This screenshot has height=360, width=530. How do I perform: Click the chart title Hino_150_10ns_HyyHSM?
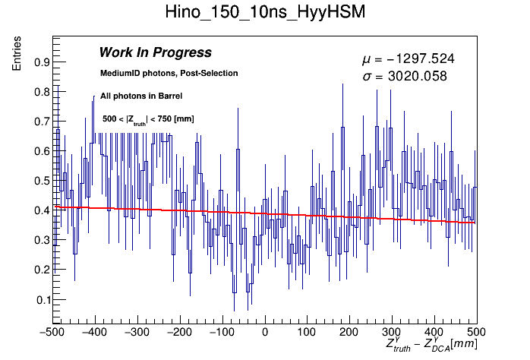265,13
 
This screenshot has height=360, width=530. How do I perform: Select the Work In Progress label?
155,52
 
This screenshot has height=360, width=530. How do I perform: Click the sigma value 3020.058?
403,76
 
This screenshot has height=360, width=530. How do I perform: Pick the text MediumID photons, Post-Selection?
169,74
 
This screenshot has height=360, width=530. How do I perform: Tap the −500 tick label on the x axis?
52,332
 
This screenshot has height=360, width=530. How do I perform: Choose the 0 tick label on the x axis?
264,332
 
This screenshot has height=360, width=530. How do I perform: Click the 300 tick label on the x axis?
391,332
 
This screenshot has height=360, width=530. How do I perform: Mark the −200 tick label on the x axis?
179,332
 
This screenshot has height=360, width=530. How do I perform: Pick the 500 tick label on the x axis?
475,332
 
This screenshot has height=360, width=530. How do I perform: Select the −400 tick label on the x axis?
95,332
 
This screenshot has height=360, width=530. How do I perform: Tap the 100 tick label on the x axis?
306,332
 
